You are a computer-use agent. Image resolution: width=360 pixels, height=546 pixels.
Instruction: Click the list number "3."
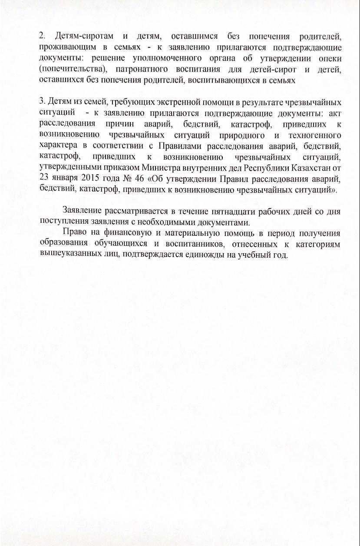[x=42, y=103]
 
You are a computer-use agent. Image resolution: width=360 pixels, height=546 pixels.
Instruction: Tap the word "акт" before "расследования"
[x=334, y=114]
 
